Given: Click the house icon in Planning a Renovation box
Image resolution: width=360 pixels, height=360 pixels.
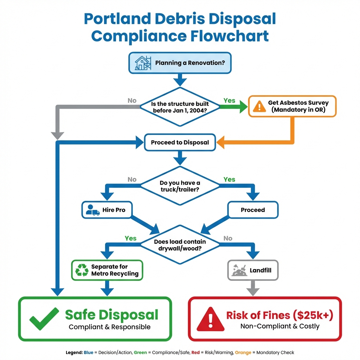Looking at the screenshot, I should tap(143, 63).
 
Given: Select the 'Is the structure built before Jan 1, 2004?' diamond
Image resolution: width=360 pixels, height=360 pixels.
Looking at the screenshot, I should tap(180, 107).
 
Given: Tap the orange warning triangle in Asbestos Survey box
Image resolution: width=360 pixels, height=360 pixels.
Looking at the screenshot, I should tap(260, 106).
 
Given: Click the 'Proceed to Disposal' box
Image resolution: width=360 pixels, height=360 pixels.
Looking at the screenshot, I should tap(180, 142).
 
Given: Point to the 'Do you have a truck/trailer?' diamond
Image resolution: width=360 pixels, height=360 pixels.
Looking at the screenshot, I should tap(180, 186).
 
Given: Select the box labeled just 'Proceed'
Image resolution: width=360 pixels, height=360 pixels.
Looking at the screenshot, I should tap(253, 210).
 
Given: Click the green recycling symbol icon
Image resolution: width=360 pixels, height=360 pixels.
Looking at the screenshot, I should tap(82, 270).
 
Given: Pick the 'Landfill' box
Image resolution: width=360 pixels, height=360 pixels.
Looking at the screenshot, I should tap(253, 270).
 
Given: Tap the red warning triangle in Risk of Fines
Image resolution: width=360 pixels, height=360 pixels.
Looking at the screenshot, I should tap(210, 319).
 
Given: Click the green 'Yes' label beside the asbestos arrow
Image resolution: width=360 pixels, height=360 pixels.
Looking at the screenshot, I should tap(229, 101).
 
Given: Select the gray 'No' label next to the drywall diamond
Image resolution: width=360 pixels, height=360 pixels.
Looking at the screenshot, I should tap(228, 238).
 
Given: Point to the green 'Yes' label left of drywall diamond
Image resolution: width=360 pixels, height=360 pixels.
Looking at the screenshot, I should tap(130, 238).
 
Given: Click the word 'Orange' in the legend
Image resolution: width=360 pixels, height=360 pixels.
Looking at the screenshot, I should tap(243, 352).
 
